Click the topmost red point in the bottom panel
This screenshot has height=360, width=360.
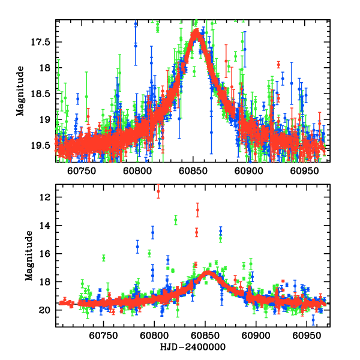[x=158, y=191]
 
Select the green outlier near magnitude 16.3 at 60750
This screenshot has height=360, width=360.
[x=104, y=258]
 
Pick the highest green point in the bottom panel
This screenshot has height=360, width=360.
[x=176, y=220]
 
